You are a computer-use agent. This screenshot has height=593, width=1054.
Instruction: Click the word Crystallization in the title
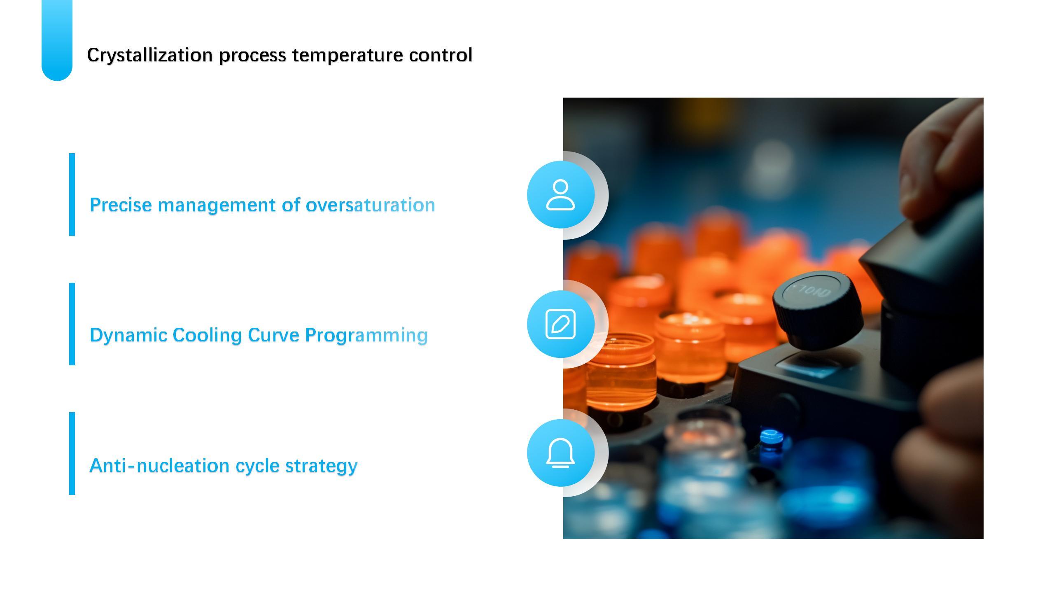pyautogui.click(x=150, y=55)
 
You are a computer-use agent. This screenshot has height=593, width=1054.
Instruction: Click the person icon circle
pyautogui.click(x=561, y=194)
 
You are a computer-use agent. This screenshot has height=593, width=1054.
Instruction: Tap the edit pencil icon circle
pyautogui.click(x=561, y=324)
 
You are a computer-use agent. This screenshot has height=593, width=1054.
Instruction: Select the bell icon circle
pyautogui.click(x=561, y=453)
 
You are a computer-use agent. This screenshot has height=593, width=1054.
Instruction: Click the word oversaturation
pyautogui.click(x=370, y=205)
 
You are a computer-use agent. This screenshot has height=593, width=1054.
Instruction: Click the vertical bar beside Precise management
pyautogui.click(x=72, y=194)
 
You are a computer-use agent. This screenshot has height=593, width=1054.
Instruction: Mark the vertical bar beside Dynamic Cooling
pyautogui.click(x=72, y=324)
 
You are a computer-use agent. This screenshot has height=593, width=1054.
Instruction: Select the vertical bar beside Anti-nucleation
pyautogui.click(x=72, y=453)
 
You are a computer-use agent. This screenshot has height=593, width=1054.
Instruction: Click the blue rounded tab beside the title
pyautogui.click(x=57, y=40)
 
